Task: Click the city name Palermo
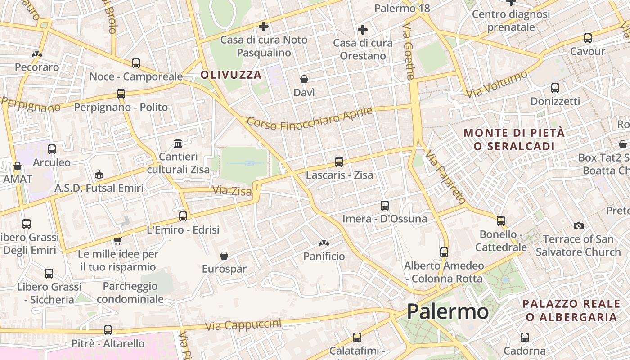click(x=447, y=311)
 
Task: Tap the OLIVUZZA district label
click(x=231, y=75)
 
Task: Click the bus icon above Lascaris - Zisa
click(x=339, y=162)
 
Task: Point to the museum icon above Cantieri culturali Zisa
click(x=178, y=144)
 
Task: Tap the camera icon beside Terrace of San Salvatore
click(x=579, y=226)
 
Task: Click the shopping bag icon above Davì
click(x=304, y=80)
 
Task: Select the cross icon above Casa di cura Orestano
click(x=363, y=30)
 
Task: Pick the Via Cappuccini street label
click(x=243, y=325)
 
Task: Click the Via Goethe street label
click(x=409, y=52)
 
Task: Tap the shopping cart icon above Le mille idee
click(x=118, y=241)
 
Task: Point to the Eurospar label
click(x=224, y=269)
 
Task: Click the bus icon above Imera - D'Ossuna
click(x=385, y=206)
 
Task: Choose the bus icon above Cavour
click(x=588, y=38)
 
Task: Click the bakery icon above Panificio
click(x=324, y=243)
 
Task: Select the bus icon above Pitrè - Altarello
click(x=108, y=330)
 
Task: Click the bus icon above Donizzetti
click(x=555, y=88)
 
